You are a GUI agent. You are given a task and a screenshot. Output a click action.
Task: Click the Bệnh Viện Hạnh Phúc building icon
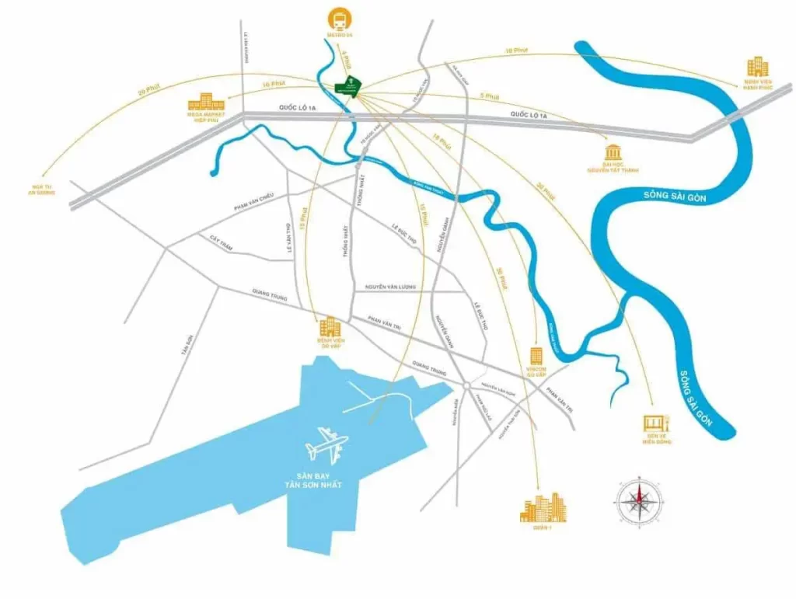757,67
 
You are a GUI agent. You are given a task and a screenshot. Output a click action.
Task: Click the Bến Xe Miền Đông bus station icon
651,424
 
